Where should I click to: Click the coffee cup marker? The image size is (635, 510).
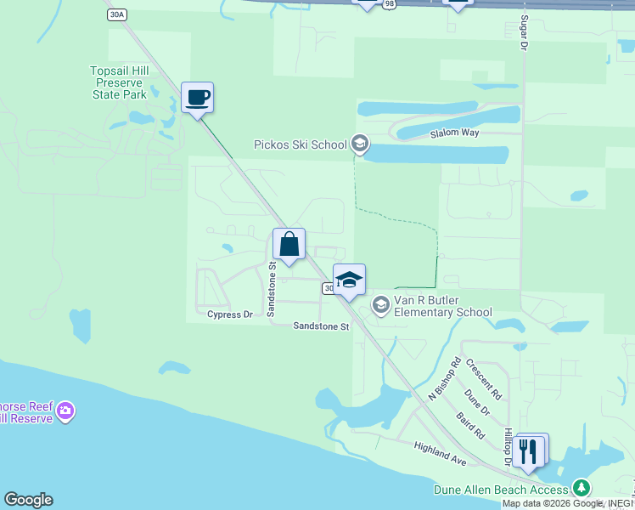[197, 97]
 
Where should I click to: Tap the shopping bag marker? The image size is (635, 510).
[289, 244]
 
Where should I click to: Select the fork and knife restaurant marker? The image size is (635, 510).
[528, 450]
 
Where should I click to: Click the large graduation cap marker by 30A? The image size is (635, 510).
[349, 280]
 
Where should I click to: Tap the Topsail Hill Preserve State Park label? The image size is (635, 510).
[120, 82]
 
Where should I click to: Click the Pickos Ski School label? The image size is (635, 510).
[301, 144]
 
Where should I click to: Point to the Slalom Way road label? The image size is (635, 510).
[454, 133]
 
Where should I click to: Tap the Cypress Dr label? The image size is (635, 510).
[230, 314]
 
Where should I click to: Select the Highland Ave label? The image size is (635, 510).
[441, 452]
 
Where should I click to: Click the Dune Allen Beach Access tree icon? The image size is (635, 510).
[582, 489]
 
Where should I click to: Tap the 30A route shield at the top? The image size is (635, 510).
[117, 14]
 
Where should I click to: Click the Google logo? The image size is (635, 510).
[28, 500]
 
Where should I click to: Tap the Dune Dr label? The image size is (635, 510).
[477, 402]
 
